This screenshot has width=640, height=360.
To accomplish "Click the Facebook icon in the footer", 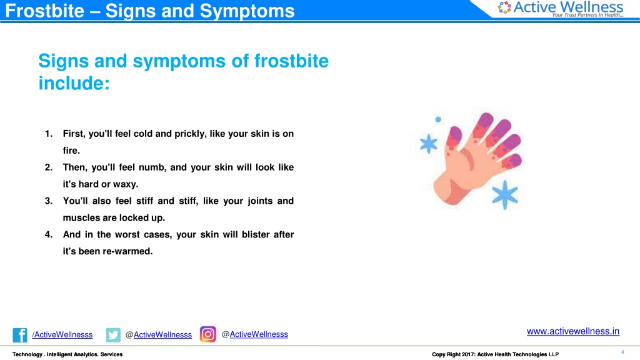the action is (x=19, y=335).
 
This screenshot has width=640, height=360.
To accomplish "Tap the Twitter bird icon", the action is (x=113, y=335).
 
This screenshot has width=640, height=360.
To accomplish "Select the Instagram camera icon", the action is (x=207, y=334).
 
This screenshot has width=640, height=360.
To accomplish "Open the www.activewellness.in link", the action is (x=573, y=331).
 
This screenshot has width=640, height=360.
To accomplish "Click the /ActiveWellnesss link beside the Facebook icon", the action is (x=62, y=335).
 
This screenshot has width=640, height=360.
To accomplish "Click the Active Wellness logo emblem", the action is (x=504, y=7).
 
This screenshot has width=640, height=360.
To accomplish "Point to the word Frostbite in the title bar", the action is (x=44, y=11).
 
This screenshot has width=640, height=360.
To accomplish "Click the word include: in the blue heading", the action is (x=74, y=83).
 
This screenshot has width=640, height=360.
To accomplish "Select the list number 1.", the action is (x=49, y=134).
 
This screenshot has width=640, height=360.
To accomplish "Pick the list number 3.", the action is (x=49, y=201).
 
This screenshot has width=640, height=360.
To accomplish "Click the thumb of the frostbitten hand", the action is (x=454, y=139).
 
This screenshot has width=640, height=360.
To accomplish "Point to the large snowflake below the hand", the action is (x=505, y=194).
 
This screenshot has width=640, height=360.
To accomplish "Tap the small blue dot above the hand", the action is (x=438, y=119).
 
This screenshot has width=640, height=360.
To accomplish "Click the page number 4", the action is (x=622, y=352).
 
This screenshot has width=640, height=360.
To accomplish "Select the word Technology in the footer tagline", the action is (x=27, y=354).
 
